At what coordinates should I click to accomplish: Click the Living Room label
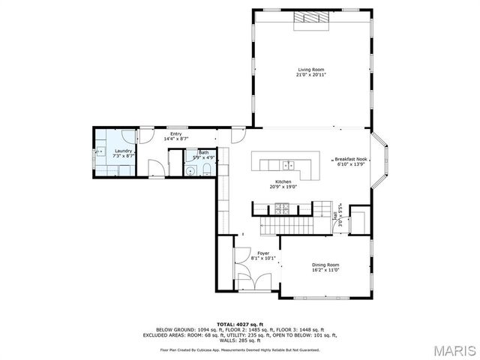tap(310, 70)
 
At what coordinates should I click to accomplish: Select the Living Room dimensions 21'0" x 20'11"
tap(310, 75)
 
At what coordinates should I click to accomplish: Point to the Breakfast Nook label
tap(350, 159)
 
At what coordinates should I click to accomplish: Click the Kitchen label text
tap(283, 182)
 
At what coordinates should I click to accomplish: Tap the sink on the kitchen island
tap(287, 164)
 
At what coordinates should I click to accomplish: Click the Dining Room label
tap(325, 265)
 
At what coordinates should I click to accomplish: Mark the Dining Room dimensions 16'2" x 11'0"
tap(325, 270)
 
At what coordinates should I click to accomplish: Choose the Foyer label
tap(263, 253)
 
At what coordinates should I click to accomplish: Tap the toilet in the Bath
tap(206, 172)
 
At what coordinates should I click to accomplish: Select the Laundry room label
tap(123, 151)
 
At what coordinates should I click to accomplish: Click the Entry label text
tap(175, 134)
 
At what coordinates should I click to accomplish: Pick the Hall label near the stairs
tap(334, 217)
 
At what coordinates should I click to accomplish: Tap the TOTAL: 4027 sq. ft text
tap(240, 323)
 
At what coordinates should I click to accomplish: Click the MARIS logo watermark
tap(453, 349)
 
